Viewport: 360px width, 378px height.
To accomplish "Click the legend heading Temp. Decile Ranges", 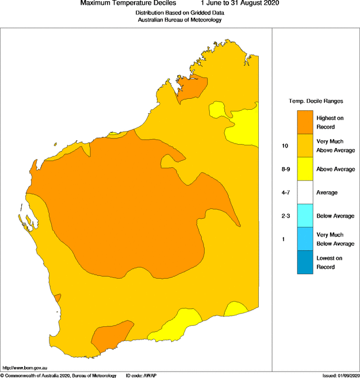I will pyautogui.click(x=315, y=101).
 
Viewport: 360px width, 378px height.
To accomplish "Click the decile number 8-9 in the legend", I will pyautogui.click(x=285, y=169).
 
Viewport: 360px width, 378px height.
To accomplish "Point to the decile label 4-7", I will pyautogui.click(x=285, y=192).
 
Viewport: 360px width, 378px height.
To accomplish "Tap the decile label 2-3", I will pyautogui.click(x=285, y=216).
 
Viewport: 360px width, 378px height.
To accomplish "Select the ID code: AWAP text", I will pyautogui.click(x=141, y=375).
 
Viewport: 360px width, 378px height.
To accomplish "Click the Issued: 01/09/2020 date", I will pyautogui.click(x=340, y=375).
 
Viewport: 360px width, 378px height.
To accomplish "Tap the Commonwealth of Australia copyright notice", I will pyautogui.click(x=58, y=375).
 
